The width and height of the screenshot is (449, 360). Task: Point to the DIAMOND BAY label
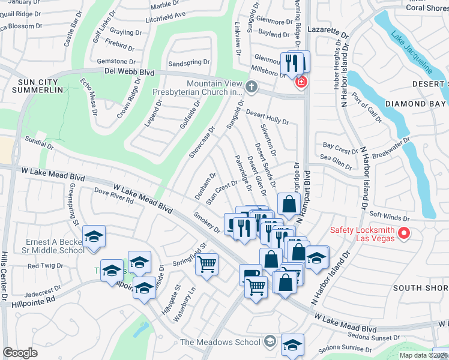tap(416, 103)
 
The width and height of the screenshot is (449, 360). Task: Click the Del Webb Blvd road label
tap(129, 72)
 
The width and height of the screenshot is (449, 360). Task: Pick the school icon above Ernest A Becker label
tap(94, 236)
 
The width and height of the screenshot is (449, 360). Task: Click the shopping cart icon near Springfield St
tap(206, 263)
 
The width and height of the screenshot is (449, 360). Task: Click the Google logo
tap(20, 353)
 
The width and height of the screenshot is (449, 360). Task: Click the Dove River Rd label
tap(113, 196)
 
